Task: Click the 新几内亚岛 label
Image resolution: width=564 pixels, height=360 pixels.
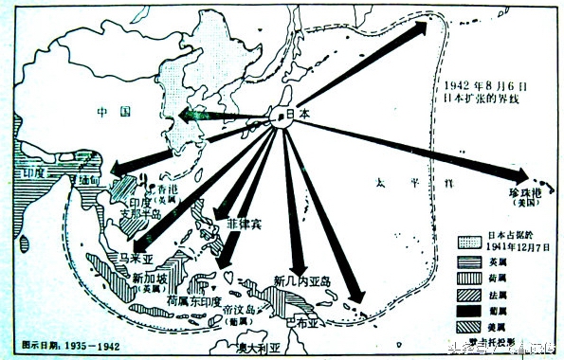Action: (x=304, y=279)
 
